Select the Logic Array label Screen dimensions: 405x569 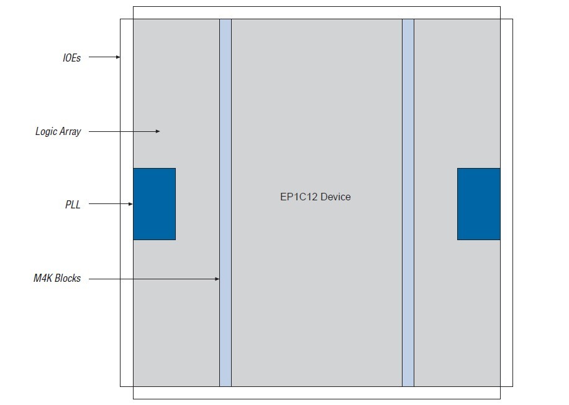click(58, 132)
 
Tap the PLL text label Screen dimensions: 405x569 click(73, 204)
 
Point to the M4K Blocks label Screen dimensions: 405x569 click(57, 279)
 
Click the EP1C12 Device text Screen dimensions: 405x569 click(315, 197)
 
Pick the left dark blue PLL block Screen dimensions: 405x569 click(154, 204)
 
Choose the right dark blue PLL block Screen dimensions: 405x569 click(478, 204)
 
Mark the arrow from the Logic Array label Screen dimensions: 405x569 click(124, 131)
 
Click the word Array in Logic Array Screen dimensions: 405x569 click(70, 132)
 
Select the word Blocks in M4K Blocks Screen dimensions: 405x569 click(68, 279)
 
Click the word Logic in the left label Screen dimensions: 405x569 click(46, 132)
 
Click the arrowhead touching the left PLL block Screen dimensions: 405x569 click(130, 204)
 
